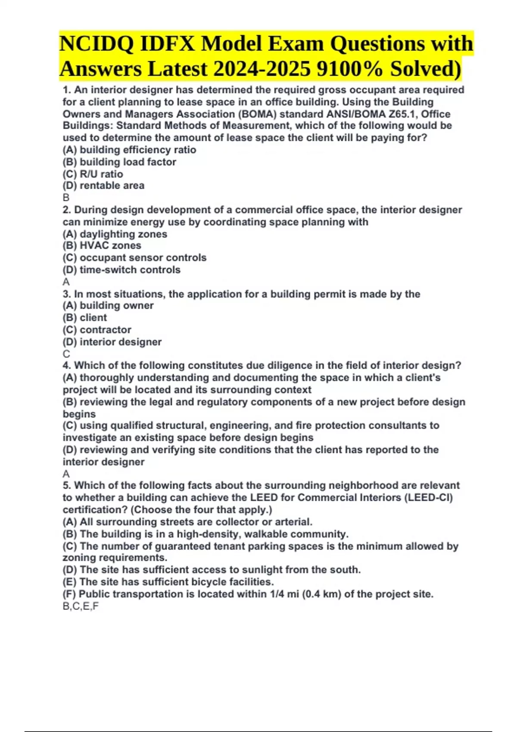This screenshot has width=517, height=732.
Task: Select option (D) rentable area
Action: click(x=103, y=186)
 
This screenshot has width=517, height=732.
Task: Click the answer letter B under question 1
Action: click(x=66, y=198)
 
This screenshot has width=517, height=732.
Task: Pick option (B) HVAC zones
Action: click(x=102, y=245)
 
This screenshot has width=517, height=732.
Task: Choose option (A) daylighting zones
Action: click(x=115, y=234)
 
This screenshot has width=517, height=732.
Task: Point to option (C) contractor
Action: click(x=97, y=330)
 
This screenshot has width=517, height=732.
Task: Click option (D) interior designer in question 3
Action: click(x=112, y=342)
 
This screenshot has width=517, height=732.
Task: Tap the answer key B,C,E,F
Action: click(x=81, y=606)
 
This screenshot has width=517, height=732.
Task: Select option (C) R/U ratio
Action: click(x=93, y=174)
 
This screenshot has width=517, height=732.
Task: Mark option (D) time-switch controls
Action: click(x=121, y=270)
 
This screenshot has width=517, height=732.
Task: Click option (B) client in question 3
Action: click(x=85, y=318)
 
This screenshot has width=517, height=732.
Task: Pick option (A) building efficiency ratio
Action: click(x=129, y=150)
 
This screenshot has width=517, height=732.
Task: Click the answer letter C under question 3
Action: click(x=66, y=354)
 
